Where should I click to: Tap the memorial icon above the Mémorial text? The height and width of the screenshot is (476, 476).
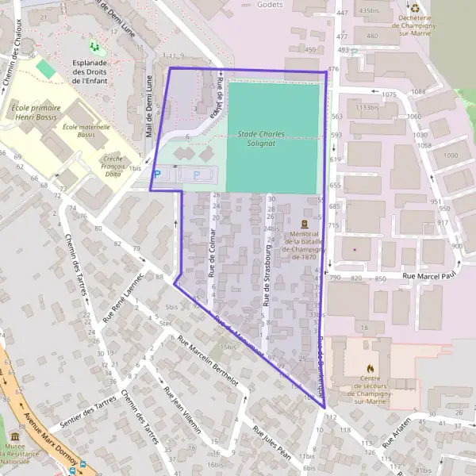click(305, 224)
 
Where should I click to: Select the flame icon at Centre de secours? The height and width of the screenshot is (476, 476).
click(369, 368)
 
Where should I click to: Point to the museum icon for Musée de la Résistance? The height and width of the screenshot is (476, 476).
click(14, 438)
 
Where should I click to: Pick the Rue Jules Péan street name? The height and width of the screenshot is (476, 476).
click(271, 441)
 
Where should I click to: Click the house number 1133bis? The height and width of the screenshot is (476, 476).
click(367, 106)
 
